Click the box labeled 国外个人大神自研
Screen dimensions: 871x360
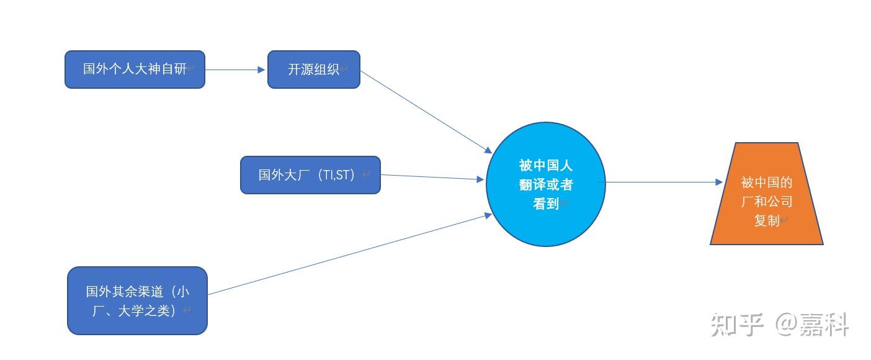click(135, 70)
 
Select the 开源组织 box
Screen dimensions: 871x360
click(314, 70)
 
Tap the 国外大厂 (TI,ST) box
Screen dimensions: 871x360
click(310, 175)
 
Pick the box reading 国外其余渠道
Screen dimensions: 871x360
click(137, 300)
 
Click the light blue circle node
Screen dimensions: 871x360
click(546, 184)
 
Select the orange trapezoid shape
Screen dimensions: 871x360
click(766, 194)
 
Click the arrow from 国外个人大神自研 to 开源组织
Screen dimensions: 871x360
click(235, 70)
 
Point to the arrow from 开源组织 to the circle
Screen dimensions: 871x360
click(426, 112)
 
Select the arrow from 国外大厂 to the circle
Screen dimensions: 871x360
click(432, 177)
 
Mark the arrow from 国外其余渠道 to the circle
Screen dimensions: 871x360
click(350, 254)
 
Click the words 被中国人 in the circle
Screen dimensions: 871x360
click(545, 165)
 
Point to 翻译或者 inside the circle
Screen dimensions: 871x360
click(545, 184)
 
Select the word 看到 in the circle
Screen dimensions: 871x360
click(545, 204)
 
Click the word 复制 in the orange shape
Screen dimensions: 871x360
click(767, 220)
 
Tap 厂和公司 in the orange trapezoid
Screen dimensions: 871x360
click(767, 201)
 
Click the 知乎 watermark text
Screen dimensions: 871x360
click(737, 324)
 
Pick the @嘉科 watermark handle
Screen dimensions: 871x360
click(812, 324)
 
